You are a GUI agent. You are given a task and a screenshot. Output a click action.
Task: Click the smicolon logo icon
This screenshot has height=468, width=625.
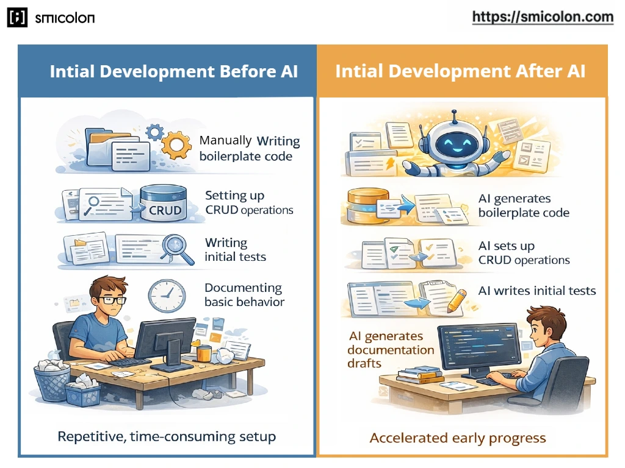tap(18, 18)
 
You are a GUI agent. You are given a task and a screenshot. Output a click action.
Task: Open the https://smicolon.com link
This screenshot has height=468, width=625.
tap(543, 17)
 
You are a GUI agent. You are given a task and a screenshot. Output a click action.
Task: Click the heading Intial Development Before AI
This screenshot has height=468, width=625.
tap(173, 71)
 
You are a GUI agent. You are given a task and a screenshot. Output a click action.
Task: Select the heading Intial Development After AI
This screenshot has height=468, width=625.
tap(460, 71)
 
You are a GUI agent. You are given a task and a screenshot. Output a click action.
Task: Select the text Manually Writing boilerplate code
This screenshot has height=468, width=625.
tap(249, 148)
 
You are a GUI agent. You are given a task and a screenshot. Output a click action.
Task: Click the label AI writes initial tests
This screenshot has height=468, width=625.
tap(537, 291)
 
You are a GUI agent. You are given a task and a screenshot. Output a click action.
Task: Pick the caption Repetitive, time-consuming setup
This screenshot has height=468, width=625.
tap(167, 436)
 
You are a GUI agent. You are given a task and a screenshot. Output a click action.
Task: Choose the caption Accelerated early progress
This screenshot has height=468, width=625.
tap(458, 438)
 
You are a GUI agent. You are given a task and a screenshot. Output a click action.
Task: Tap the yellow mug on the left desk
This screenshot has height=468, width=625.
tap(204, 353)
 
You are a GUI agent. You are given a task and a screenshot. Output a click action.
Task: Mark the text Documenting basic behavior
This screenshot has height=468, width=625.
tap(244, 294)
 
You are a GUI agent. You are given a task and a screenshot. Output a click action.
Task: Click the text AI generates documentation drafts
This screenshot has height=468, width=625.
tap(391, 350)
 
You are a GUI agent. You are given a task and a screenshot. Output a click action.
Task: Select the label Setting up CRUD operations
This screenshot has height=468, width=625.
tap(249, 203)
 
